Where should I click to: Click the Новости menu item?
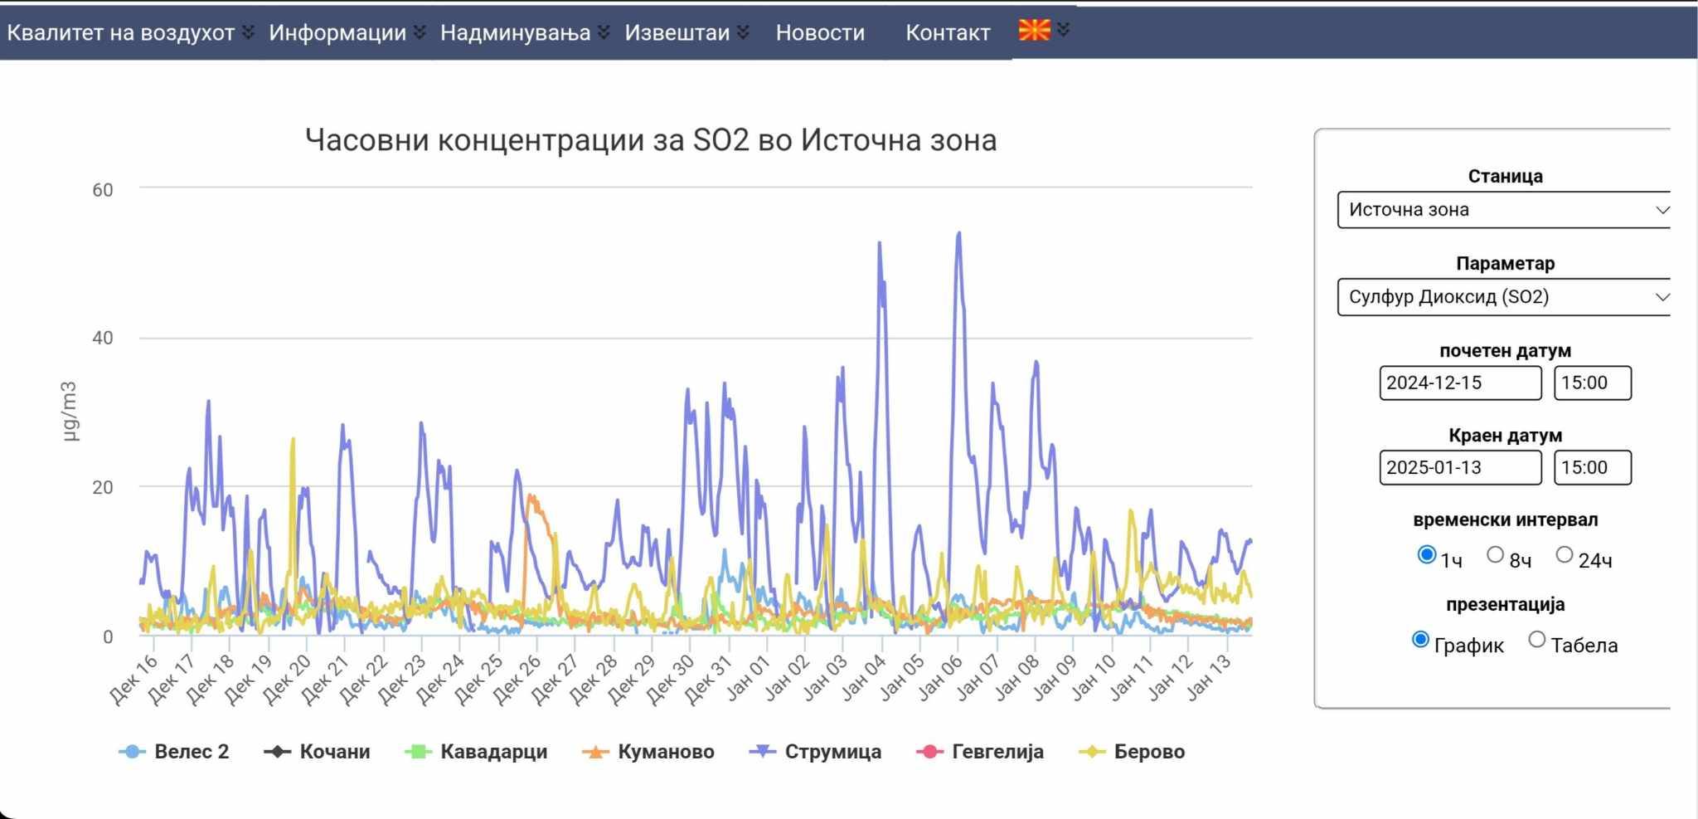tap(819, 33)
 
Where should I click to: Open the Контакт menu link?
tap(947, 33)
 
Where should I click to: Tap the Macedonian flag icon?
tap(1034, 31)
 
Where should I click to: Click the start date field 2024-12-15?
tap(1459, 383)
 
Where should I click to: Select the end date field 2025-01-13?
tap(1459, 468)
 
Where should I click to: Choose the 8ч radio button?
tap(1495, 555)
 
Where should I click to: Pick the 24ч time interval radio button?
tap(1564, 555)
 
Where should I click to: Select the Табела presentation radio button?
tap(1537, 640)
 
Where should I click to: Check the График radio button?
tap(1420, 640)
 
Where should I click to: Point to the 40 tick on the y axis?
tap(103, 339)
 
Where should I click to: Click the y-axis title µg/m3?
tap(69, 411)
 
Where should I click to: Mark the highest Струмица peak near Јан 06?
tap(959, 234)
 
